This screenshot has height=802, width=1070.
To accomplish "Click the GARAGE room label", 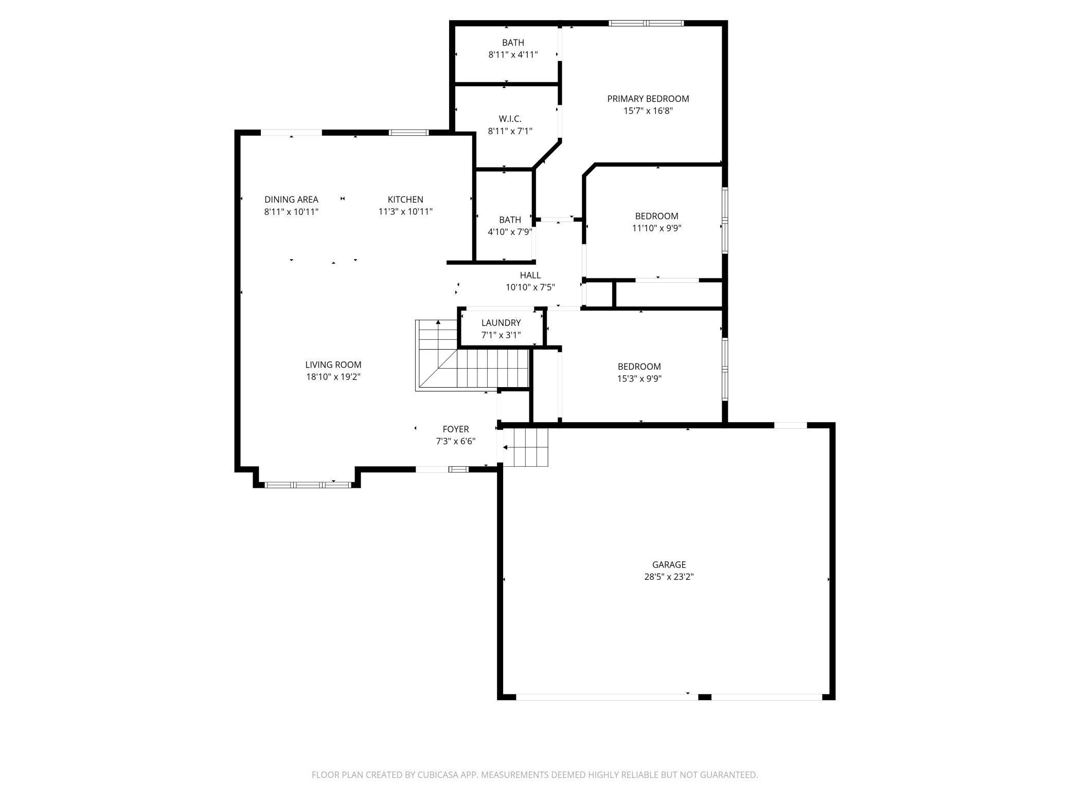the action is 669,564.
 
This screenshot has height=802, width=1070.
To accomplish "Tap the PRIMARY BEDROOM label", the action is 648,99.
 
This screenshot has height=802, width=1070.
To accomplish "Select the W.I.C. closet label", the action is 510,119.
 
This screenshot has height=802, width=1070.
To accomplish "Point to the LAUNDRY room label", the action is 501,323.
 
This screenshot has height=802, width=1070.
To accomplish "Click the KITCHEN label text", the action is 405,199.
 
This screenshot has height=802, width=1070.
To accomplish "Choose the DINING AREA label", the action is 291,199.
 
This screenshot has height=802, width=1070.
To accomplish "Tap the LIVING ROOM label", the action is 333,365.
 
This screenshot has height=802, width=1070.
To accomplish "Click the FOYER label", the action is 456,429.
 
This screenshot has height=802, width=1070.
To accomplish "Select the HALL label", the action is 530,276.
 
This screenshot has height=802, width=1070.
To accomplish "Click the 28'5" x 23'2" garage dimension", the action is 669,577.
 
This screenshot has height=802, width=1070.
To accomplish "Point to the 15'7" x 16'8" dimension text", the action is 648,111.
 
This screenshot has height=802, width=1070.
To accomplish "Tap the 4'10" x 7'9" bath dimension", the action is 510,232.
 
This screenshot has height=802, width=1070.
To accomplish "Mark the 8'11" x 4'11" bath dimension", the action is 513,54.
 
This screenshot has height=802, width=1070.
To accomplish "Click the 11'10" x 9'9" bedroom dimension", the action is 657,228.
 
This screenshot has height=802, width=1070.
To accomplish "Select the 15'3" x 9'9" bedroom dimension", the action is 639,379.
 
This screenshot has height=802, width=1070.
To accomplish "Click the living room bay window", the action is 308,484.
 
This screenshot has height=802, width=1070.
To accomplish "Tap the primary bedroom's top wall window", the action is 646,23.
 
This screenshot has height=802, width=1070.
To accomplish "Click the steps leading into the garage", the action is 525,447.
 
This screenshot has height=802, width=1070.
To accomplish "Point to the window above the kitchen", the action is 408,133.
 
